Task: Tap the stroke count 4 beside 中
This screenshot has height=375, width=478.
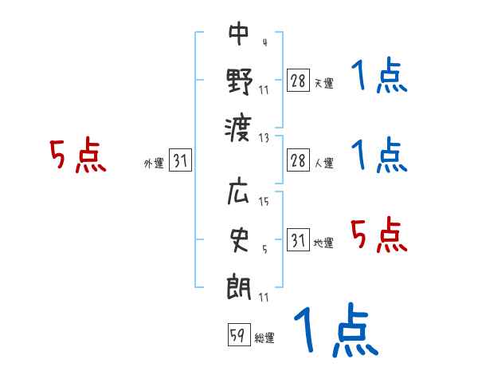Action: point(264,42)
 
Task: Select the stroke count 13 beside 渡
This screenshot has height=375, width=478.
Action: point(264,137)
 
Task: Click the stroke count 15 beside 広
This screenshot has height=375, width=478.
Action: point(264,202)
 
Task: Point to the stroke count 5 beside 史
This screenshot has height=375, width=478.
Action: point(264,249)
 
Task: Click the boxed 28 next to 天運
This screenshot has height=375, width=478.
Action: point(298,81)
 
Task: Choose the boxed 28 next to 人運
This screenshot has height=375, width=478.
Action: point(298,160)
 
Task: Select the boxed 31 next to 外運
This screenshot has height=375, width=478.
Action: point(180,161)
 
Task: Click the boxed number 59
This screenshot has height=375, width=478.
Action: point(237,335)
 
